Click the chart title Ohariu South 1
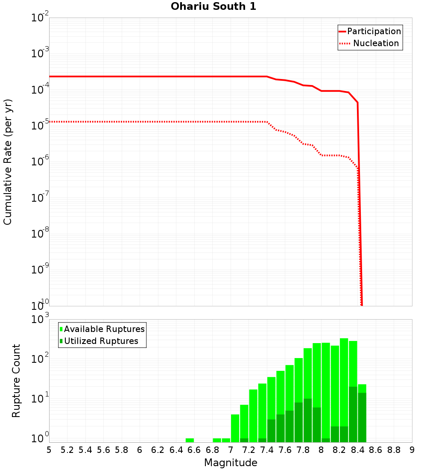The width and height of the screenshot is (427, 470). (213, 7)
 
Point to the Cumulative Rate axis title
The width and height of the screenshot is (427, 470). (8, 162)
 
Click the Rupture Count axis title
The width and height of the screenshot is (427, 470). (16, 380)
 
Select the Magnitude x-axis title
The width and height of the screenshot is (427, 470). (231, 463)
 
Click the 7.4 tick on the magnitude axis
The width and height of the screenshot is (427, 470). (267, 450)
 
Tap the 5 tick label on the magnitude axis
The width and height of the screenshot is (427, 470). (49, 450)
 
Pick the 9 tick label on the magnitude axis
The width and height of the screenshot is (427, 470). (412, 450)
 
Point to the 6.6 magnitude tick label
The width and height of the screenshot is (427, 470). (194, 450)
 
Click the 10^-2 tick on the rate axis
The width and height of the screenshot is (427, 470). (40, 18)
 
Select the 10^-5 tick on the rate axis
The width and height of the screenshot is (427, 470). (40, 126)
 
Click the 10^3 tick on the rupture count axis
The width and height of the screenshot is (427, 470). (40, 320)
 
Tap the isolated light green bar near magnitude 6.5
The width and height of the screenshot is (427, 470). (190, 440)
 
